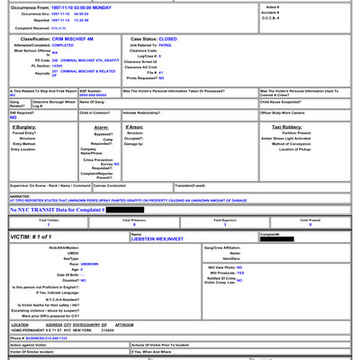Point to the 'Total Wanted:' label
(310, 220)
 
